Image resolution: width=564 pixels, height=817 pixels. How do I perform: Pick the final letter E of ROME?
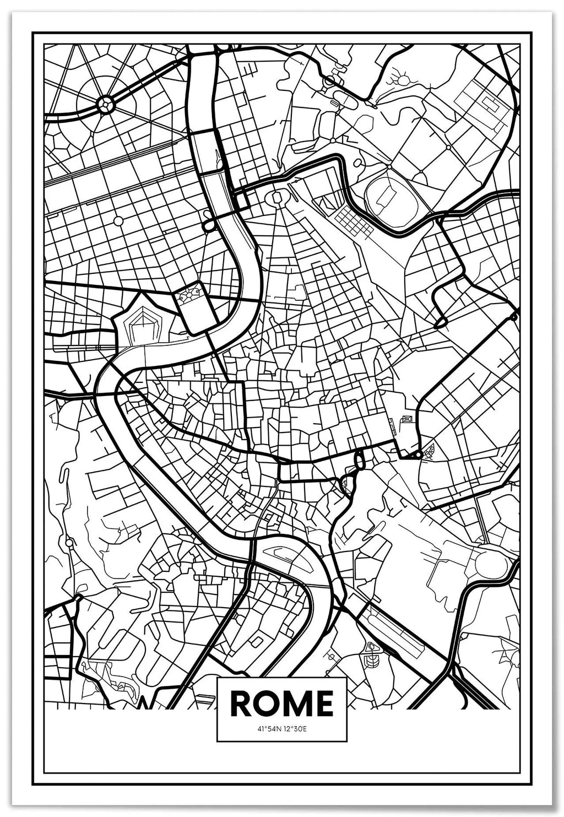[x=323, y=703]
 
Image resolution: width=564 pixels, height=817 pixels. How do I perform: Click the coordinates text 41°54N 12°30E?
[x=281, y=729]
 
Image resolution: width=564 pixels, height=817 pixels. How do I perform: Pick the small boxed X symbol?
[x=408, y=420]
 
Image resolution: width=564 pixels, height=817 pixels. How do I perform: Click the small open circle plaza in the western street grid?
[x=118, y=221]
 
